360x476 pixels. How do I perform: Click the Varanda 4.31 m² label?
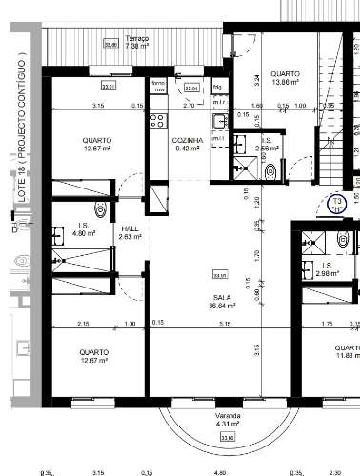coord(227,419)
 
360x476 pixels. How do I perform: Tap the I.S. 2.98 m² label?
coord(326,269)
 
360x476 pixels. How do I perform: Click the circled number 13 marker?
coord(336,203)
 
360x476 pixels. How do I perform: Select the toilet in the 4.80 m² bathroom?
coord(100,210)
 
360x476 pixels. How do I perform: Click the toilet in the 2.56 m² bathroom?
coord(271,170)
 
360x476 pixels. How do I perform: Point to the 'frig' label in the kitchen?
coord(217,87)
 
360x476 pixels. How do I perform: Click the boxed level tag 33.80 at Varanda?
coord(227,437)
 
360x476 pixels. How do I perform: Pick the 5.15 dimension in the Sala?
coord(225,325)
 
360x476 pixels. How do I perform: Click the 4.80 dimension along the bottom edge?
coord(218,470)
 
